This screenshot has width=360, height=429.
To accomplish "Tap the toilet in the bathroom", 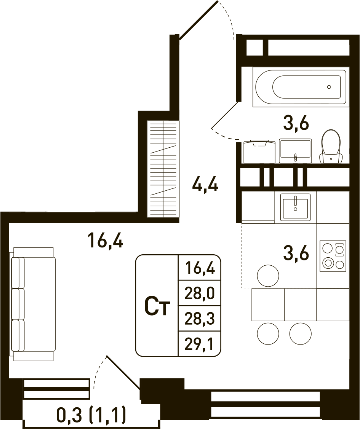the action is [331, 147].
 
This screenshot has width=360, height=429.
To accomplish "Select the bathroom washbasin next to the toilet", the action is [295, 151].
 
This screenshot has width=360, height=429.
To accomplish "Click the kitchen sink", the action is [295, 207].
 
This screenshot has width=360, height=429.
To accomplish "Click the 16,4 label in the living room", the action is [106, 239].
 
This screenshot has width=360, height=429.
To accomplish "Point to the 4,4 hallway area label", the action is [205, 183].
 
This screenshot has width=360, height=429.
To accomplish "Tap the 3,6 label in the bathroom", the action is [296, 123].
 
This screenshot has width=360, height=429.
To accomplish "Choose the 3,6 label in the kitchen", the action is [296, 252].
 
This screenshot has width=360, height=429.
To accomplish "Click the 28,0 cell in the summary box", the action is [199, 293].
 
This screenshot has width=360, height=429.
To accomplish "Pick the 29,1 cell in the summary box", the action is [199, 344].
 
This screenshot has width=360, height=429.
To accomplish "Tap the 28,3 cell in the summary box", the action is [199, 319].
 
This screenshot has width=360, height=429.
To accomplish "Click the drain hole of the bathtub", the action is [329, 87].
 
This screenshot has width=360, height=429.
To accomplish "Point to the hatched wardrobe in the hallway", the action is [163, 169].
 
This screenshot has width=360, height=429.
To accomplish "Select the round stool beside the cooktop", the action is [268, 276].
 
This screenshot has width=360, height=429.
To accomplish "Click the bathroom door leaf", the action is [225, 115].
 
